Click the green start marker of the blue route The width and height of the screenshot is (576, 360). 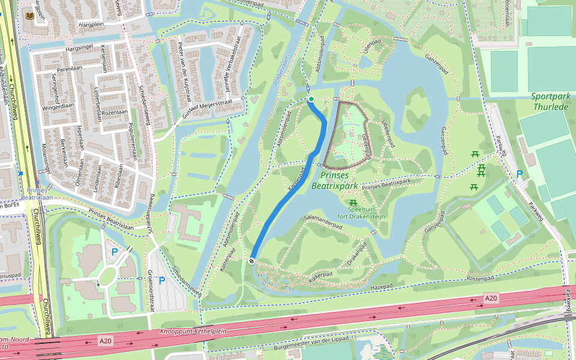tap(311, 99)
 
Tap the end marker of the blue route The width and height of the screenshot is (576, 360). tap(252, 260)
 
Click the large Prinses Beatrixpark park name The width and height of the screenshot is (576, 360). tap(340, 181)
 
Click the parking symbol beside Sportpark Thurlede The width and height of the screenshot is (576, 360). tap(520, 174)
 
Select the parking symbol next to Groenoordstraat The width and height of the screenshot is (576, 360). tap(161, 280)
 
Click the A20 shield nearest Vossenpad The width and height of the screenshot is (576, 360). tap(491, 298)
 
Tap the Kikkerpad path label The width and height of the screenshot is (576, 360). tap(320, 274)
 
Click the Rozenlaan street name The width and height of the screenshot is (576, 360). tap(115, 112)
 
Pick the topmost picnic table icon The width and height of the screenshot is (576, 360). tap(475, 154)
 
